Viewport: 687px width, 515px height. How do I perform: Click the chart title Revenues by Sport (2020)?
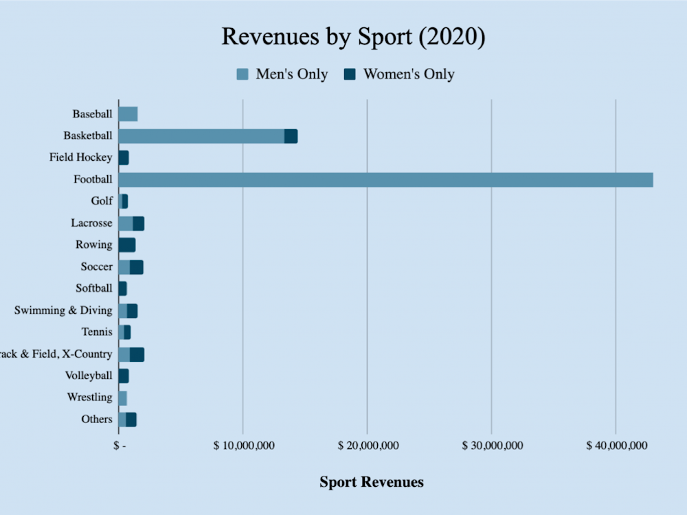[353, 37]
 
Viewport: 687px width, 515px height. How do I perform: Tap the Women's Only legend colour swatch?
[350, 74]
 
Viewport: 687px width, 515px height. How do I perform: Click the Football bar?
[385, 180]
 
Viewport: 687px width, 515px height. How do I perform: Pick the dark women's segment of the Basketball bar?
[291, 136]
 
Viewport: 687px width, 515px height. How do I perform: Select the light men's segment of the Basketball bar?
[201, 136]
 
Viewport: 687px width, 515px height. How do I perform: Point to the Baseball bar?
[128, 114]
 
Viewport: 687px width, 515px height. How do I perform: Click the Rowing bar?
[127, 245]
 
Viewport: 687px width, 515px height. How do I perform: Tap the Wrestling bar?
[123, 398]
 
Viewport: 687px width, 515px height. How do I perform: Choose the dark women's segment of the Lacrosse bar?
[139, 223]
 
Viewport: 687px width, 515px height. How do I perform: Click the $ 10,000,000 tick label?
[244, 446]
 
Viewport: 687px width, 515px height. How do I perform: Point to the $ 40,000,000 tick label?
[616, 446]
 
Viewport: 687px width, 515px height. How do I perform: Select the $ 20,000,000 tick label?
[368, 446]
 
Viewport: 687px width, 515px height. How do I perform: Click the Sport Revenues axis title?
[371, 482]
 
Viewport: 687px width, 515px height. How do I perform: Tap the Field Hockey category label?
[80, 157]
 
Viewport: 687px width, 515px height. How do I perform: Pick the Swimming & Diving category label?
[63, 310]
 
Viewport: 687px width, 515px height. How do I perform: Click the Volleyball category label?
[89, 376]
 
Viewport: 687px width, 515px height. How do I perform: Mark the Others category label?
[96, 419]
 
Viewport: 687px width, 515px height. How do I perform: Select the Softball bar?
[123, 288]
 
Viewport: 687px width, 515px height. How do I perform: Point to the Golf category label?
[101, 201]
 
